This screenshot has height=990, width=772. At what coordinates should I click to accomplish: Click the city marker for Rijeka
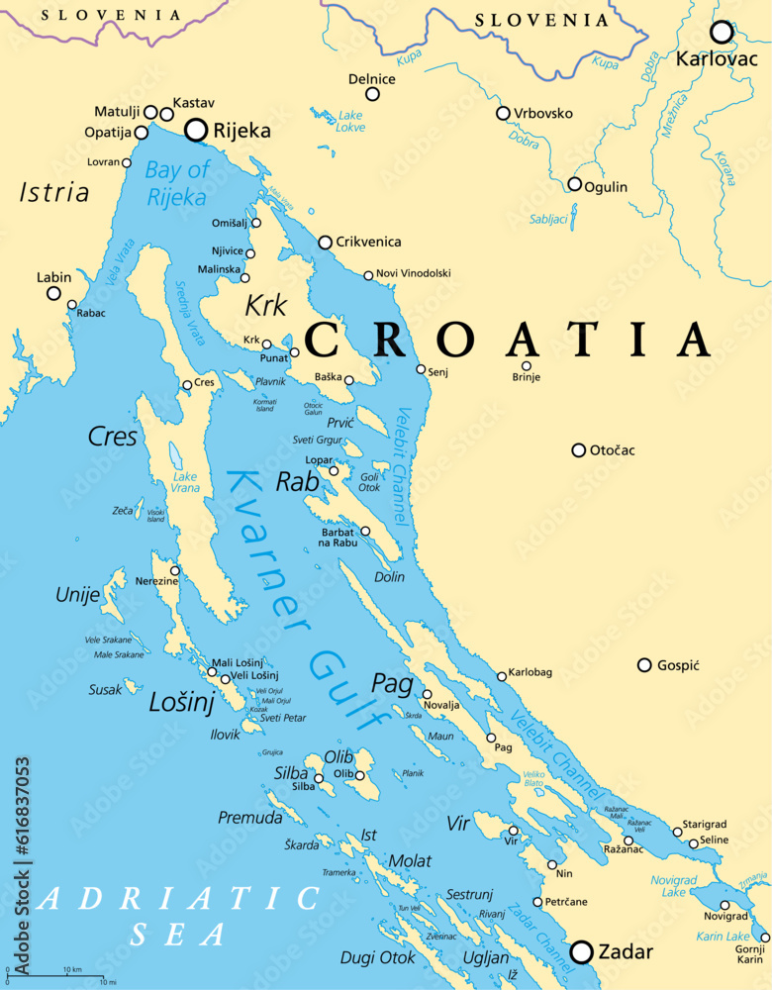[197, 129]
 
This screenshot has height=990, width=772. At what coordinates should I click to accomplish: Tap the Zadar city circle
[582, 951]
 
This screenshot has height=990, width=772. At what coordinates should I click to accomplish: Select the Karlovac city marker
[722, 33]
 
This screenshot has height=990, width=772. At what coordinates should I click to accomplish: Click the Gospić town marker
[644, 665]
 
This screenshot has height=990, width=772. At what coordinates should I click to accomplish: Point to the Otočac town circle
[579, 450]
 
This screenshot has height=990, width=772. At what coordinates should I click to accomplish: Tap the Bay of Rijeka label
[177, 183]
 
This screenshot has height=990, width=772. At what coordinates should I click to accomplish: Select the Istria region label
[54, 193]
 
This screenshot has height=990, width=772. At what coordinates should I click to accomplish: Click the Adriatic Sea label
[178, 916]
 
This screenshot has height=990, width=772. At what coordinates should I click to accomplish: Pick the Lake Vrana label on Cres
[185, 482]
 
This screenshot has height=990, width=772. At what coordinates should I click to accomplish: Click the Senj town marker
[421, 369]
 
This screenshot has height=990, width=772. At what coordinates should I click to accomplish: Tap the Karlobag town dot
[502, 676]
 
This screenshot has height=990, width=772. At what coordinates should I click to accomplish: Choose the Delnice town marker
[373, 94]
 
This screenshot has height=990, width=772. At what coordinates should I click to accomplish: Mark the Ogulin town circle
[574, 184]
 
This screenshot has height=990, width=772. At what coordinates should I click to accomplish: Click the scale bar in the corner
[54, 975]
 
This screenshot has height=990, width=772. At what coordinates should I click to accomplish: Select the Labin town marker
[54, 293]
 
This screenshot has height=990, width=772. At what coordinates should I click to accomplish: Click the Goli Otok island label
[369, 482]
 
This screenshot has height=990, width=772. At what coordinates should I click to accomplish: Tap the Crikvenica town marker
[325, 243]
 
